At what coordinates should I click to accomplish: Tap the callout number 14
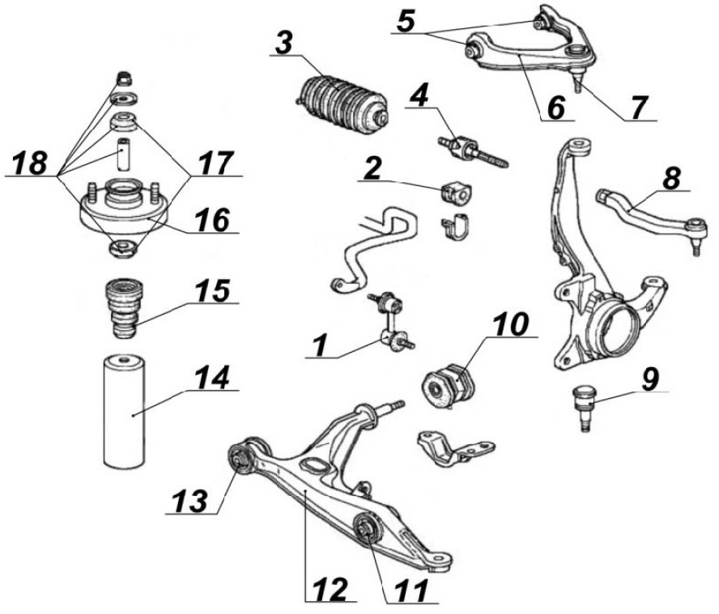[211, 377]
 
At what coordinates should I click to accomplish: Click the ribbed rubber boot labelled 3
[339, 101]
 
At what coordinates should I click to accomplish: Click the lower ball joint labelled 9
[584, 403]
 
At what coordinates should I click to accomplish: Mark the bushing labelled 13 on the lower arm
[240, 457]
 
